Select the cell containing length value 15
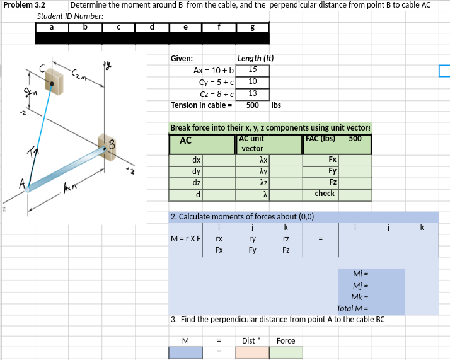pos(252,70)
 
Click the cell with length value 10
pos(252,82)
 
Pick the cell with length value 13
pos(252,93)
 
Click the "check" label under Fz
pos(325,194)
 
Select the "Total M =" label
pos(352,308)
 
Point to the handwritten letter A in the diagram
pos(23,184)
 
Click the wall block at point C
pos(54,81)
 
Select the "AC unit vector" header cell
pos(268,143)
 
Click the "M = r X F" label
pos(185,239)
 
